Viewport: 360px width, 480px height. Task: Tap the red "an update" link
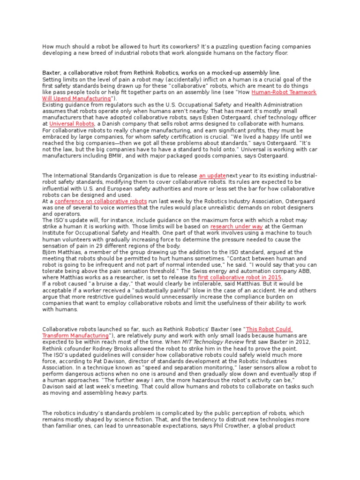[213, 175]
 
